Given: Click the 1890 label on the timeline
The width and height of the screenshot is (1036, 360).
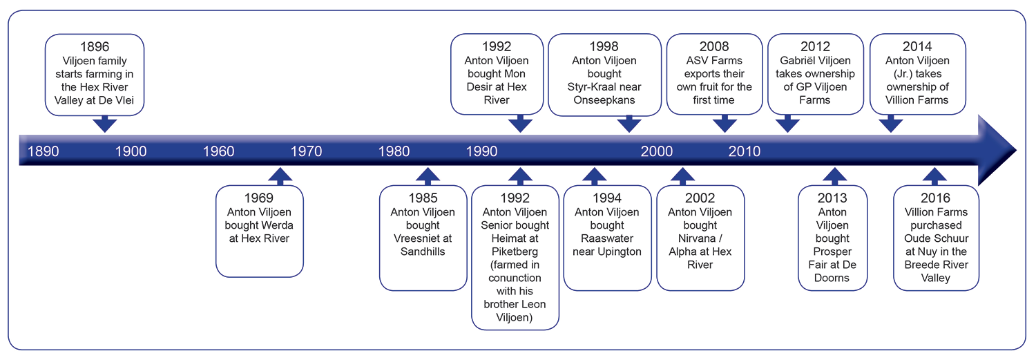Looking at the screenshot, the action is tap(43, 151).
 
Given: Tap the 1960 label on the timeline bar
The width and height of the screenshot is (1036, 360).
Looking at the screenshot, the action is tap(218, 151).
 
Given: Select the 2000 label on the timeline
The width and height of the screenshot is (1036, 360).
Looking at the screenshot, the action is tap(656, 151).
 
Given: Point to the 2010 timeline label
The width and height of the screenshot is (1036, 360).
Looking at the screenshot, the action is tap(744, 151).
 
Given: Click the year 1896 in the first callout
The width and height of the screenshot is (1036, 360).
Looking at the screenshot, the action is tap(95, 47).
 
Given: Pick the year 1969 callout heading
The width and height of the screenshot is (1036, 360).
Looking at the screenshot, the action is tap(258, 198).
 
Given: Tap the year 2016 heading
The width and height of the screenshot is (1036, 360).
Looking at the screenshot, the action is tap(935, 198).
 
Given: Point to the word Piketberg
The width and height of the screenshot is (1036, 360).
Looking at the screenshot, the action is tap(515, 252).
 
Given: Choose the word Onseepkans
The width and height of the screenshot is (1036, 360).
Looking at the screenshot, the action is tap(604, 100).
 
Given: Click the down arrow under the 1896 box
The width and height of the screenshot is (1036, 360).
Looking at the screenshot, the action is tap(104, 124).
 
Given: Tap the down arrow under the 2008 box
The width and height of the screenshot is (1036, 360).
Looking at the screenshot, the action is tap(725, 124).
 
